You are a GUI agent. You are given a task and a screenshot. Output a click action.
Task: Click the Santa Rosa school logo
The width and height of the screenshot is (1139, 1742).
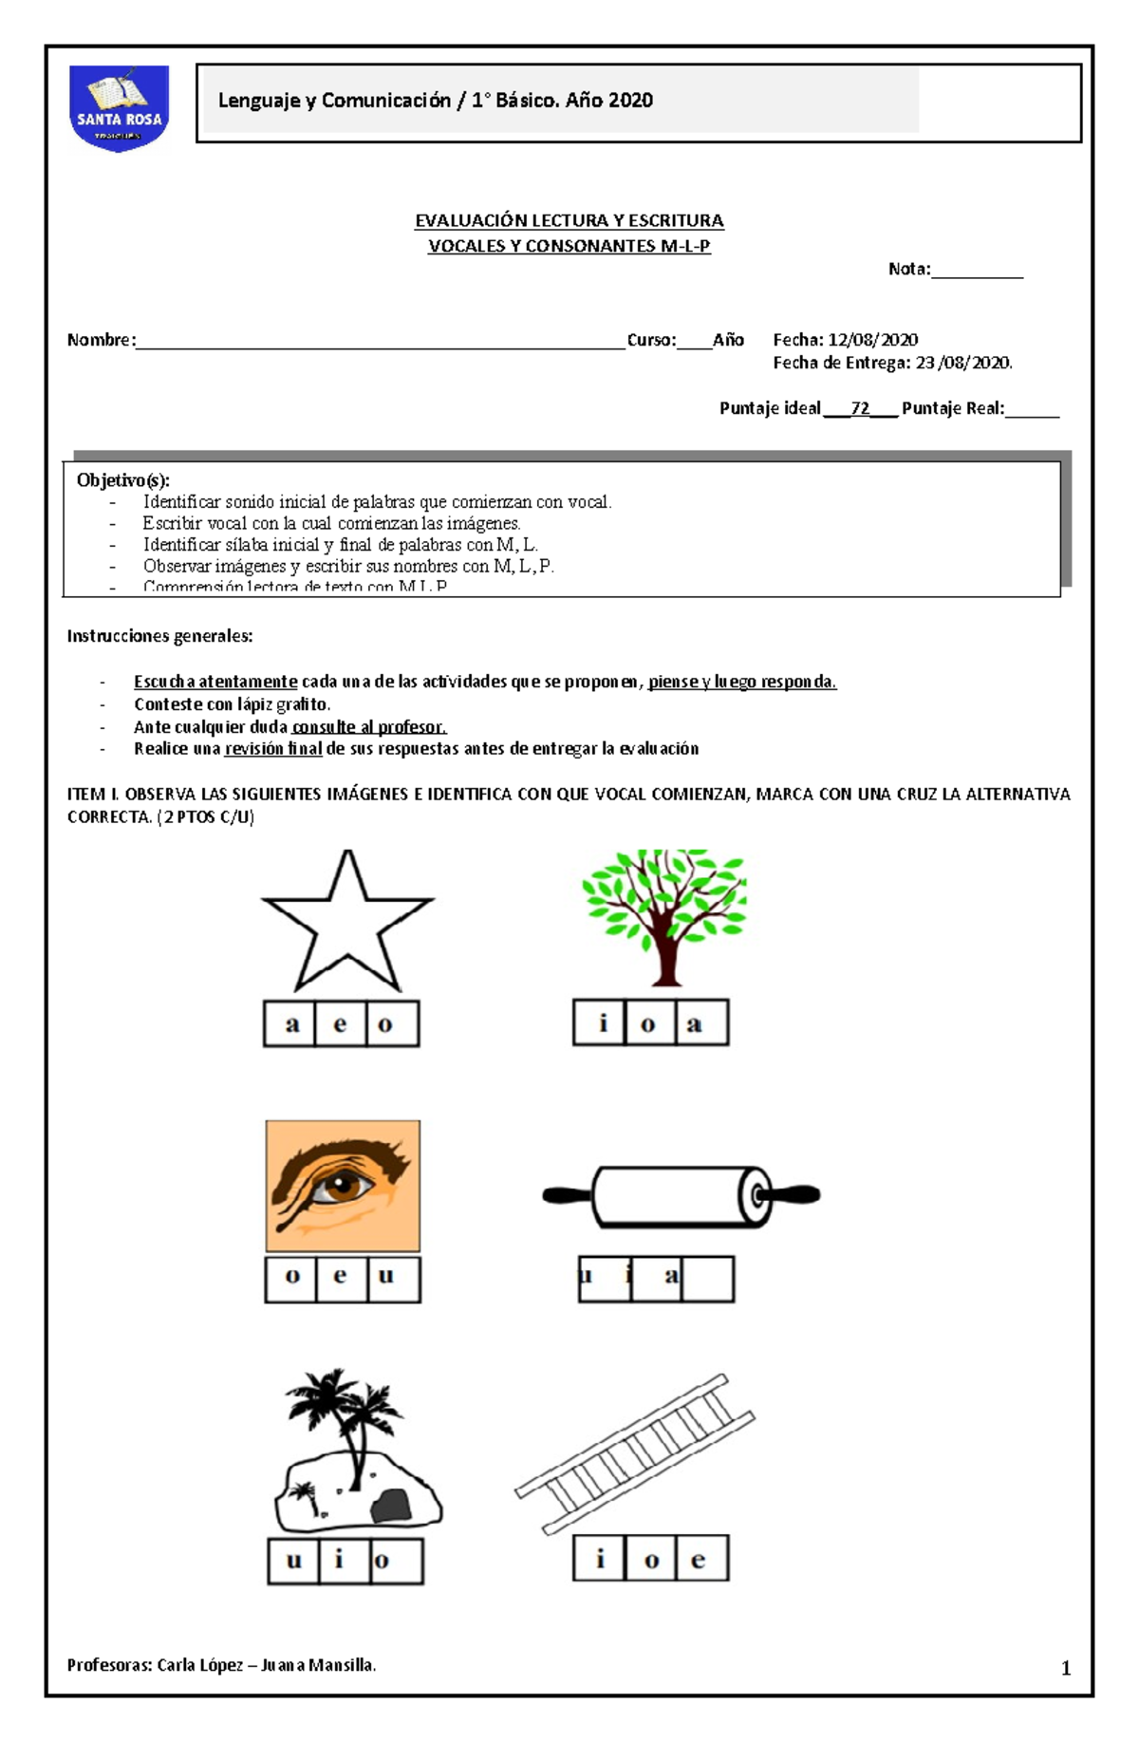pos(120,107)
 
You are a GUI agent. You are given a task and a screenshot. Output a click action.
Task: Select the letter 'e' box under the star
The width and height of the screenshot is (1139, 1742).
pos(341,1023)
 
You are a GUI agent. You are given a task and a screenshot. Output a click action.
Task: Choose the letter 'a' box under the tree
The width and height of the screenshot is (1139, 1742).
pos(702,1022)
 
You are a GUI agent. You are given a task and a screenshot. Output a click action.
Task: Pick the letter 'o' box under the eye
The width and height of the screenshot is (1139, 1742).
pos(291,1278)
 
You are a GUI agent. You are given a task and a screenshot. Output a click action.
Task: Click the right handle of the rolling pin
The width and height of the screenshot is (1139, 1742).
pos(795,1194)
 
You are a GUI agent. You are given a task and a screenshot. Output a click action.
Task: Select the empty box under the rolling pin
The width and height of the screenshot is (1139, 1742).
pos(708,1279)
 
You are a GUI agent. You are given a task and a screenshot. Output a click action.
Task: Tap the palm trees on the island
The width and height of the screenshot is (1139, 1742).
pos(345,1414)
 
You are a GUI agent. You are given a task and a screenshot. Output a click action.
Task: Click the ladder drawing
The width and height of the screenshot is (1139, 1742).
pos(634,1452)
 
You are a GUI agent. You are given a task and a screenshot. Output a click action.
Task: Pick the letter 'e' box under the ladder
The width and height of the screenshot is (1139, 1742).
pos(701,1559)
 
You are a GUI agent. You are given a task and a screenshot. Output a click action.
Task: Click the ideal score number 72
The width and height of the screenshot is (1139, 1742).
pos(860,408)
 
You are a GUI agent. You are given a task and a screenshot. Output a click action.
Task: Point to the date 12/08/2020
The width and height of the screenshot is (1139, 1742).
pos(872,340)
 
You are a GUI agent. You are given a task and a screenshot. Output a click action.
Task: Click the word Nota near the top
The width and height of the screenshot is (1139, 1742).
pos(908,270)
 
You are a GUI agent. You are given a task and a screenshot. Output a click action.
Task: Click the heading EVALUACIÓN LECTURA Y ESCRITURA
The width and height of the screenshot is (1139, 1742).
pos(569,221)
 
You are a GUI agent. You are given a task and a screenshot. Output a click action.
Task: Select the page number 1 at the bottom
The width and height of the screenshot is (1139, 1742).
pos(1065,1668)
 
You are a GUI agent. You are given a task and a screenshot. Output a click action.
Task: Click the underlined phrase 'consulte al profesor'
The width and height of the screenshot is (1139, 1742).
pos(368,727)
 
